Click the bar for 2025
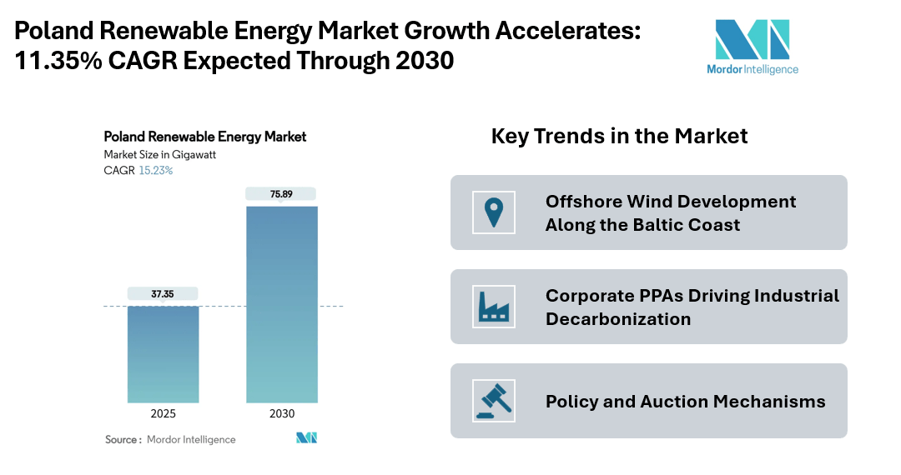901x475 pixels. coord(163,354)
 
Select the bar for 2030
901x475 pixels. coord(282,304)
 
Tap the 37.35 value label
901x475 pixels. coord(163,293)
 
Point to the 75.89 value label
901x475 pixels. coord(282,193)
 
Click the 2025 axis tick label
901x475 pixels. coord(163,414)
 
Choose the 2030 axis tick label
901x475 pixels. coord(282,414)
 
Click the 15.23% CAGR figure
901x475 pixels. coord(156,171)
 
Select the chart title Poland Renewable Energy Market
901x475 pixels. coord(204,137)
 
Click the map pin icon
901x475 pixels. coord(493,212)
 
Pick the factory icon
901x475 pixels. coord(493,307)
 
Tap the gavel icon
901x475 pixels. coord(493,401)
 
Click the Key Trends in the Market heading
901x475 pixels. coord(619,136)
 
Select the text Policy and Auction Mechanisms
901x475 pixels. coord(685,402)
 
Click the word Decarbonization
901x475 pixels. coord(618,319)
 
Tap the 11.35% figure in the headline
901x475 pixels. coord(57,61)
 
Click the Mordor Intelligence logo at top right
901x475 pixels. coord(752,47)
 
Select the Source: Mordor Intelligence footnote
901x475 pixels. coord(170,439)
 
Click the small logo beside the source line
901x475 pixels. coord(306,438)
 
